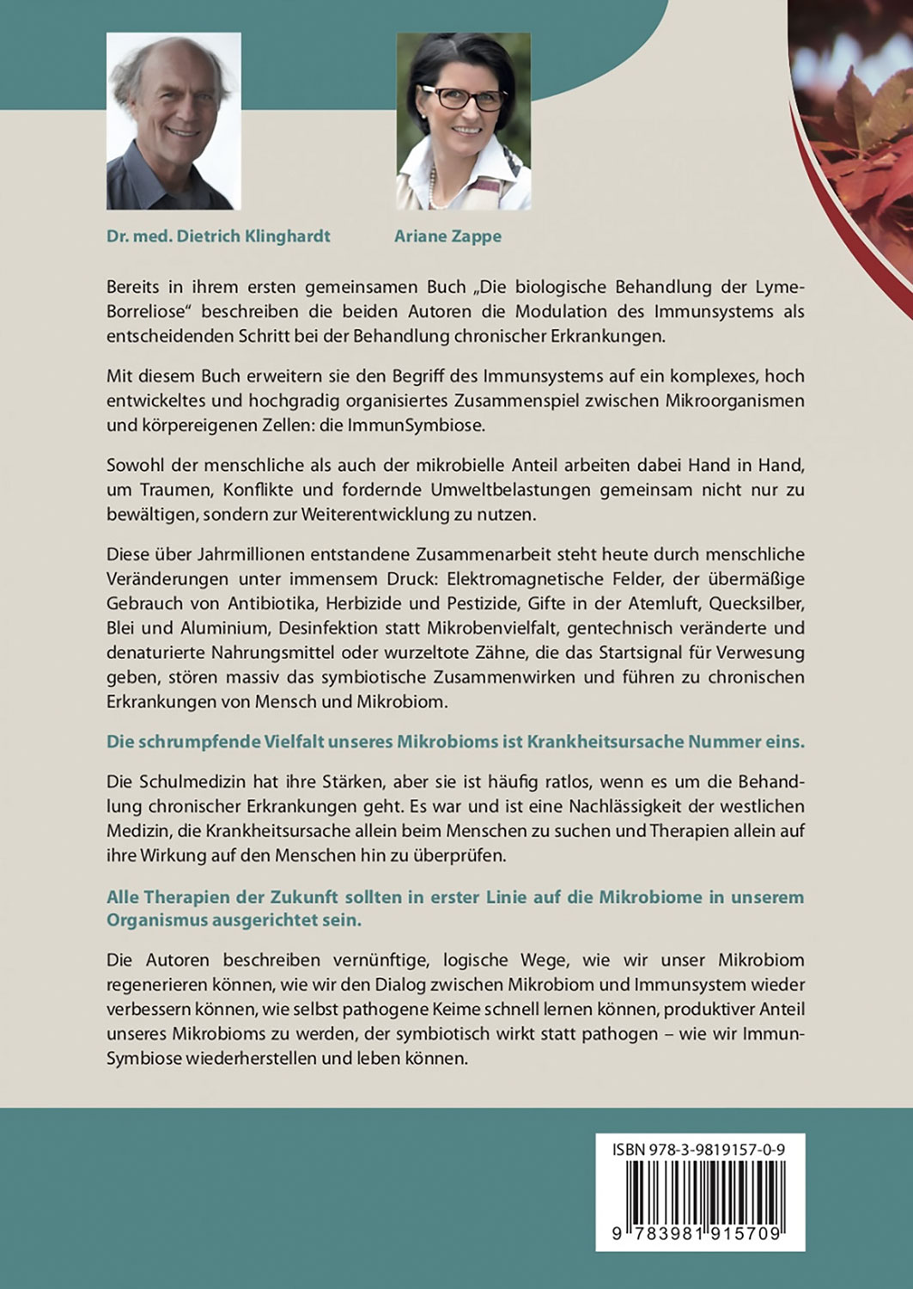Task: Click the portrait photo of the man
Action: click(173, 120)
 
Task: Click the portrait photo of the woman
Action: click(463, 120)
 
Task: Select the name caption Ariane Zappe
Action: click(447, 236)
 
